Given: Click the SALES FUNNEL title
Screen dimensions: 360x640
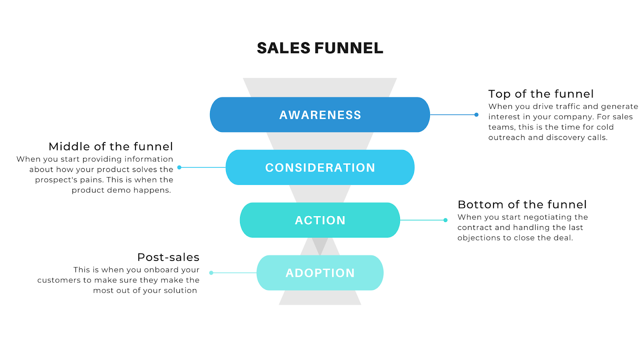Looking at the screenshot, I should tap(320, 48).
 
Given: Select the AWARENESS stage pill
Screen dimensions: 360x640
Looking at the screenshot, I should tap(320, 115).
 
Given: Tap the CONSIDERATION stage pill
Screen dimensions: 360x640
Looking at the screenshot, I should tap(320, 168).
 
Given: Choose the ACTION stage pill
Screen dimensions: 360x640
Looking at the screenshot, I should tap(320, 220).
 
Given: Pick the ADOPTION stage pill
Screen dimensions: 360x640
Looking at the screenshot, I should tap(320, 273).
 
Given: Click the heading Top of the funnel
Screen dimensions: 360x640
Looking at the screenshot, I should tap(541, 94).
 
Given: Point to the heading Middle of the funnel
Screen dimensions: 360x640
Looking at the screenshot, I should tap(111, 146).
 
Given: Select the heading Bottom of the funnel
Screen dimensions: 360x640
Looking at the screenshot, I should tap(522, 205).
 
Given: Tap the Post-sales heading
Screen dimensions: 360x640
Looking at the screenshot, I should tap(168, 257).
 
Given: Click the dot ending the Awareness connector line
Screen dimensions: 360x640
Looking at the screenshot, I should tap(476, 115).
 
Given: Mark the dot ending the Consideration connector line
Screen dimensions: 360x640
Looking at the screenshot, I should tap(179, 167).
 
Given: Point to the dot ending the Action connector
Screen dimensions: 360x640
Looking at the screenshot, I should tap(446, 220).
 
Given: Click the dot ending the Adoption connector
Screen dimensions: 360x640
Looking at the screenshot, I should tap(211, 273).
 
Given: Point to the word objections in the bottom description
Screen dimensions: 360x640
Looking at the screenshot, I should tap(477, 238).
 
